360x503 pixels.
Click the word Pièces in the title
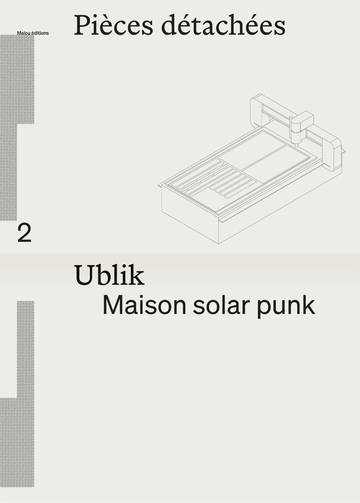tap(113, 25)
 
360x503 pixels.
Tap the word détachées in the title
tap(223, 25)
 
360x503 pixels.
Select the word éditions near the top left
tap(40, 33)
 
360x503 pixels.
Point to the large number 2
tap(24, 233)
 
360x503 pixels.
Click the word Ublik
tap(110, 275)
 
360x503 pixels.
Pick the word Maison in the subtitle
tap(144, 305)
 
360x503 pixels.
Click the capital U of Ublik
tap(84, 275)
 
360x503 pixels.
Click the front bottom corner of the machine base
tap(219, 244)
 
